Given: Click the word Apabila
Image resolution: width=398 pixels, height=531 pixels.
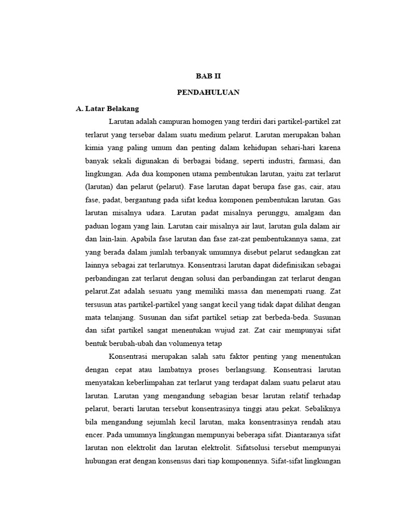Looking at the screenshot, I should pos(144,240).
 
